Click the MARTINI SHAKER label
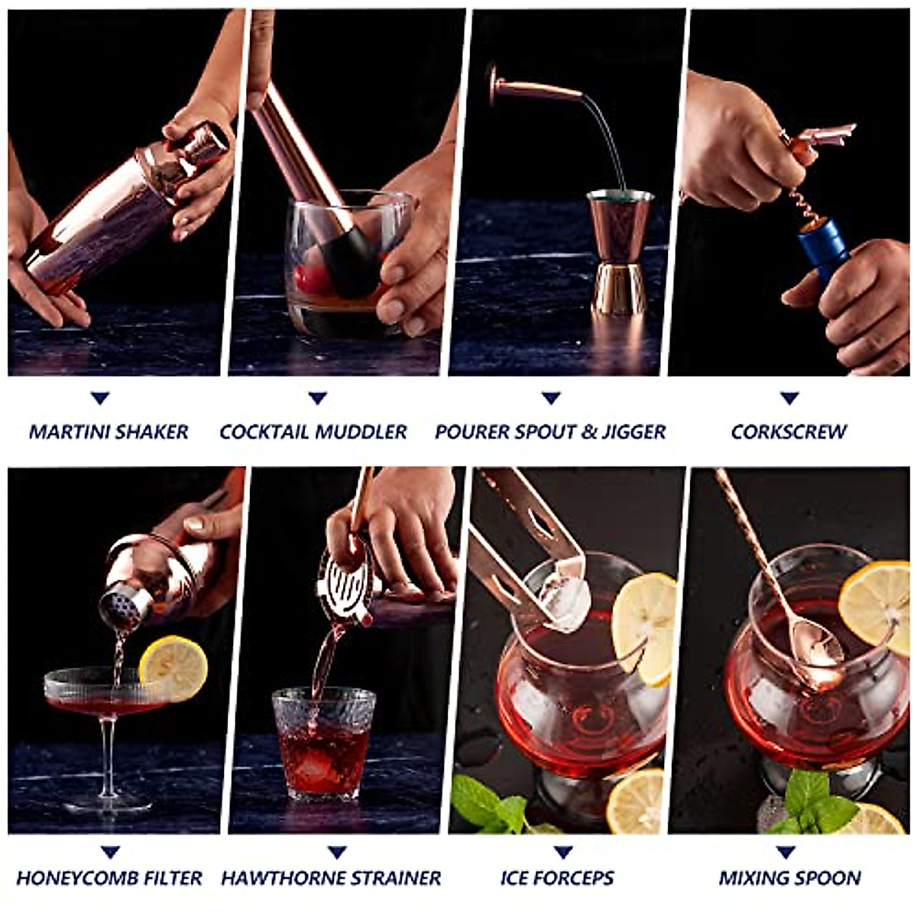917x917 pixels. (109, 432)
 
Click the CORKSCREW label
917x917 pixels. (789, 432)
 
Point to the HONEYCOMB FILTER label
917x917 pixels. (109, 878)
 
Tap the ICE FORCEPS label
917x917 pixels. (557, 878)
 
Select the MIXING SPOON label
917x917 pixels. (789, 878)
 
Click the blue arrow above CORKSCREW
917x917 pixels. (789, 398)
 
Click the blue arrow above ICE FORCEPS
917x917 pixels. (563, 852)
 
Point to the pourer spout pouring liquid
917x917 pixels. (535, 87)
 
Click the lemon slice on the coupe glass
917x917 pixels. (173, 667)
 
